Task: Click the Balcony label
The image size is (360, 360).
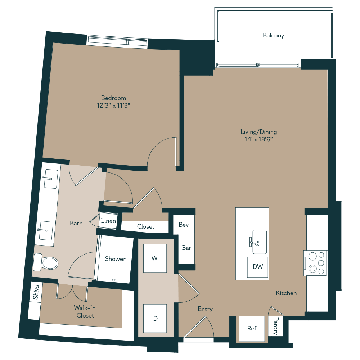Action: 273,35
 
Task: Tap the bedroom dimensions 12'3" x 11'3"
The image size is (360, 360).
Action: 114,105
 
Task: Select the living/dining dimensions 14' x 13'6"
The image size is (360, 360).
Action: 259,139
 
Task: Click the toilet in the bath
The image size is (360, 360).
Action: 46,262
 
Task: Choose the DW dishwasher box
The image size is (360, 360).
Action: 258,267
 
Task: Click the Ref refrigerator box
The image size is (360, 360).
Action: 252,329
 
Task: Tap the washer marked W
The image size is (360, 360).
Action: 155,258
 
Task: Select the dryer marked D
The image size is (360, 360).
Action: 155,318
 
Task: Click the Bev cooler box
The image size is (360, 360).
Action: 184,225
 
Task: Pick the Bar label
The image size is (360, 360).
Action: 186,248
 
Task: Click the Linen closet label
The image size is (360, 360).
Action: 108,221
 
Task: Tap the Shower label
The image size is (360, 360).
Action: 115,259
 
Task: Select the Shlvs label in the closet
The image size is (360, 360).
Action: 36,291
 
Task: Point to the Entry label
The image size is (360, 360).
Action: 205,309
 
